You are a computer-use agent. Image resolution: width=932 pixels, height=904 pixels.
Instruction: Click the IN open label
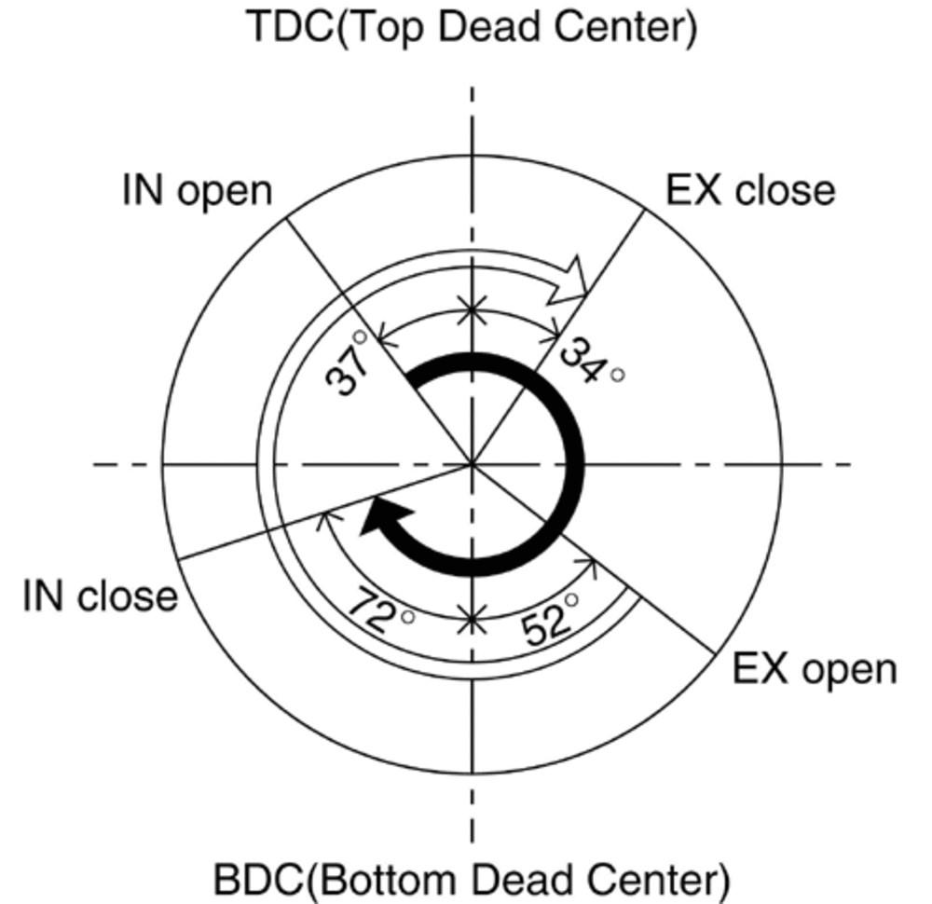tap(197, 191)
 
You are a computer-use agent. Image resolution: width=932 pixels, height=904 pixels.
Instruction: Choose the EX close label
tap(750, 190)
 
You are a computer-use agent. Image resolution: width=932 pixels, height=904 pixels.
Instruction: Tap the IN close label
tap(100, 596)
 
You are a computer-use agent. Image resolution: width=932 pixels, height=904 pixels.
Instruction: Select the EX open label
tap(814, 669)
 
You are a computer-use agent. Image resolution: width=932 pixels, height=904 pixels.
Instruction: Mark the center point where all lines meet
tap(473, 462)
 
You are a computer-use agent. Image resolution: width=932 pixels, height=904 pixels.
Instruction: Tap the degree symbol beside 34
tap(616, 376)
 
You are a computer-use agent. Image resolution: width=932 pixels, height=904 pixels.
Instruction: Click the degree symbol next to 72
tap(406, 616)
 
